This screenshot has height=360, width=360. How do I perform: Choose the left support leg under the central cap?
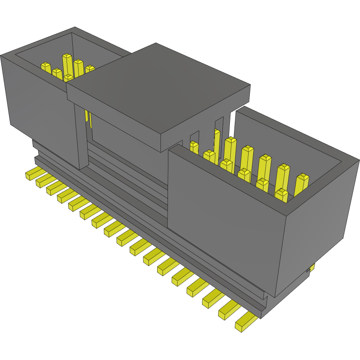[x=81, y=137]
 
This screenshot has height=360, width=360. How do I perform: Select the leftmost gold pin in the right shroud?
[x=194, y=148]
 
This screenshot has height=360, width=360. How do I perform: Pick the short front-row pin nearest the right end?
[x=281, y=195]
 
